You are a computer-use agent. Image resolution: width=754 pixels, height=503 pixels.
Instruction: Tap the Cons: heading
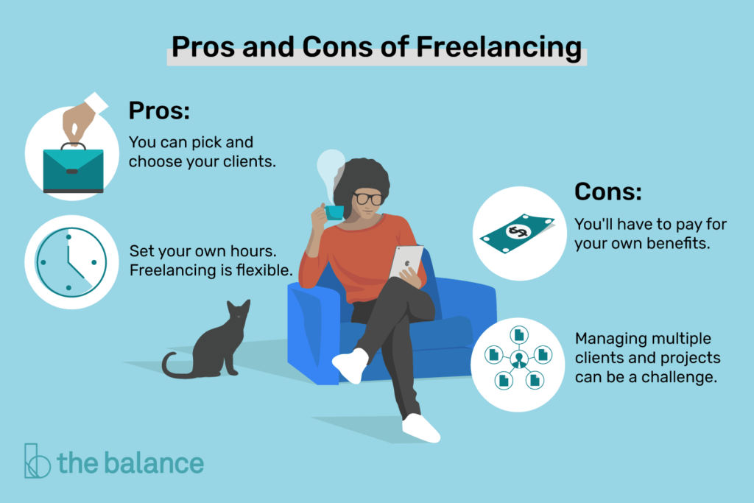pyautogui.click(x=608, y=192)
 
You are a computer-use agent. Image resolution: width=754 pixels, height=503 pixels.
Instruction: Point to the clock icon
pyautogui.click(x=67, y=261)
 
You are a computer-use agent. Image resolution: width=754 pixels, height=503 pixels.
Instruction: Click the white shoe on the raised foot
pyautogui.click(x=349, y=364)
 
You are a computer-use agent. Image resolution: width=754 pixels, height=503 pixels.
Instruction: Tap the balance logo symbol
pyautogui.click(x=36, y=461)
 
